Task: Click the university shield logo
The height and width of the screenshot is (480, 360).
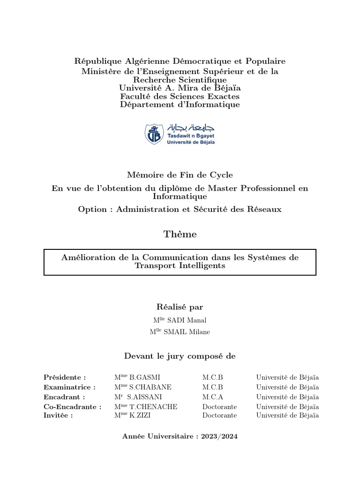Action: tap(154, 134)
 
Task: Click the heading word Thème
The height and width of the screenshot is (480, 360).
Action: tap(180, 234)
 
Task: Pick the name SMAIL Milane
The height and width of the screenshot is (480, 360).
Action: tap(187, 332)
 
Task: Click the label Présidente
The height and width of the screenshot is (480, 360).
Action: tap(65, 377)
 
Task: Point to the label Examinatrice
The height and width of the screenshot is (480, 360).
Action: tap(69, 387)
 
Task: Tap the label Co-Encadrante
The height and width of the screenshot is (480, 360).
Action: tap(72, 407)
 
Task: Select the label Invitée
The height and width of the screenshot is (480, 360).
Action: tap(58, 415)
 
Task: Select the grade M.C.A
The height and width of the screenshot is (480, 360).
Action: tap(213, 397)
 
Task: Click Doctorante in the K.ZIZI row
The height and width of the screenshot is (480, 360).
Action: tap(219, 415)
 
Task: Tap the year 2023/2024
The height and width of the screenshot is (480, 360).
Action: tap(219, 436)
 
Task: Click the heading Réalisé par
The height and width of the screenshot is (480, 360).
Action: tap(180, 307)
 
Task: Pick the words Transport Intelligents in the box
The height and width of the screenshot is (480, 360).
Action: tap(180, 266)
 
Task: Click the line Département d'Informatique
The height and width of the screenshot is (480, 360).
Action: tap(180, 105)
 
